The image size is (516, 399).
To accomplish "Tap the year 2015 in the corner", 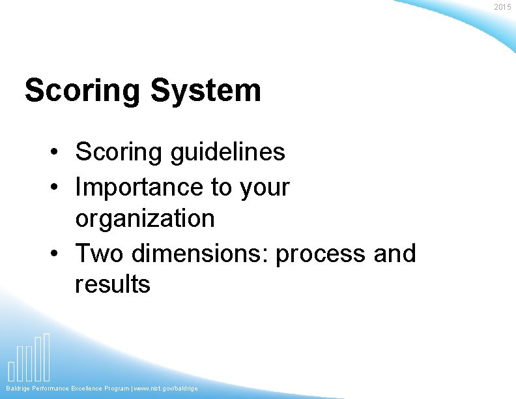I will pos(502,7).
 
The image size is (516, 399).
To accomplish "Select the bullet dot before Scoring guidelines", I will pos(58,153).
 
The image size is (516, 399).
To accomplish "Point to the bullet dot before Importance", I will pos(58,188).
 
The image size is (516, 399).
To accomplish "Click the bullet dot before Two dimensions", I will pos(58,254).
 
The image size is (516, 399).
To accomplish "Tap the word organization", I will pos(145,218).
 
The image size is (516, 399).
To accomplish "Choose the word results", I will pos(113,284).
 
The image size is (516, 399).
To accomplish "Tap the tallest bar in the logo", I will pos(46,357).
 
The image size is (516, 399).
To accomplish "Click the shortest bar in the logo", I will pos(11,370).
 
